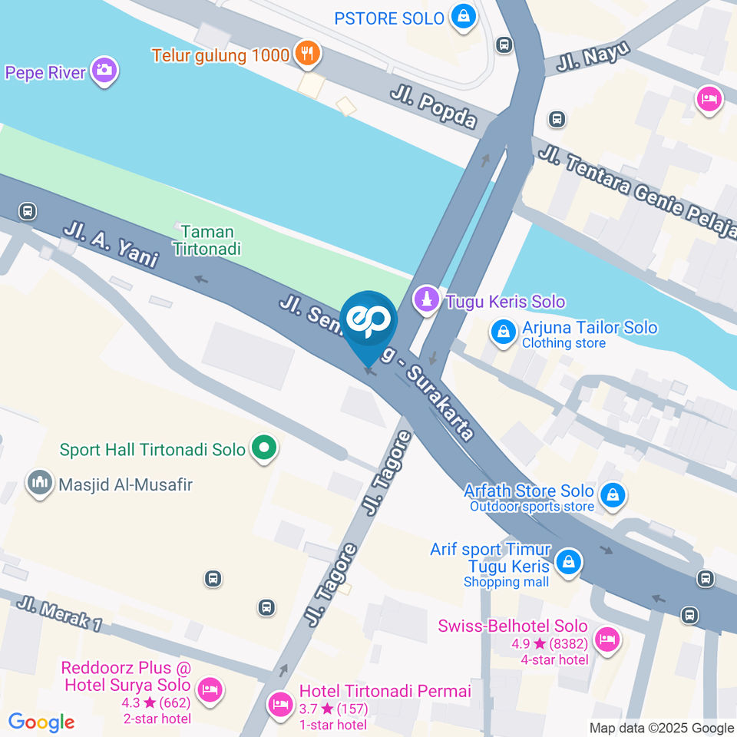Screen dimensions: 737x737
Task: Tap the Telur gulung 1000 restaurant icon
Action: point(309,54)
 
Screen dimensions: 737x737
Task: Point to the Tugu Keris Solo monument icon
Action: point(426,301)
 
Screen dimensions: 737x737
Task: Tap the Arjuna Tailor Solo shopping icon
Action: point(502,333)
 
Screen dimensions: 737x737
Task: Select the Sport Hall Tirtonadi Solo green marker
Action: point(263,448)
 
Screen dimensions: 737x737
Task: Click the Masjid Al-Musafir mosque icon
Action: point(39,484)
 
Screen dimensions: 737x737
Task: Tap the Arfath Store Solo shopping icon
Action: point(613,495)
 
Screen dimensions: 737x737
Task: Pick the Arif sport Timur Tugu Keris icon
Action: point(567,562)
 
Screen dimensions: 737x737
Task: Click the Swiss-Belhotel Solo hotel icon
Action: point(606,639)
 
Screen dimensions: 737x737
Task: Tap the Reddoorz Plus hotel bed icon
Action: point(209,689)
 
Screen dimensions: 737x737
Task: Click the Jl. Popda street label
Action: point(434,107)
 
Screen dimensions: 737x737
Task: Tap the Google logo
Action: point(41,722)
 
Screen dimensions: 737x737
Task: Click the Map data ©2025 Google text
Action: point(662,728)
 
